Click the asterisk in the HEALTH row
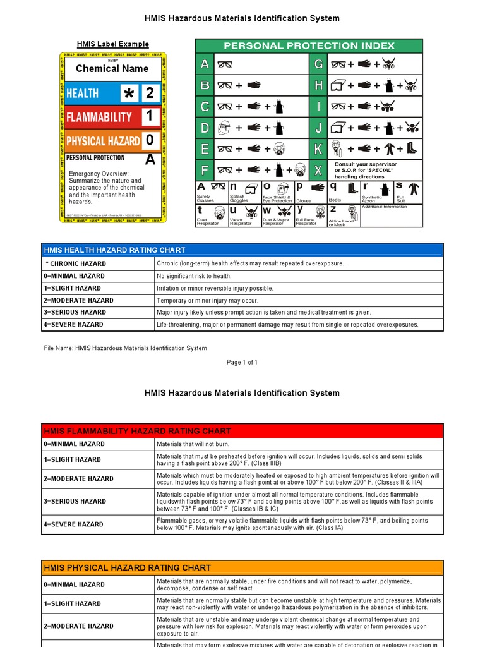[x=129, y=94]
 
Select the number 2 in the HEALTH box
[x=150, y=94]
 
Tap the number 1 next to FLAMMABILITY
[x=150, y=116]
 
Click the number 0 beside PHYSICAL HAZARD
[x=150, y=140]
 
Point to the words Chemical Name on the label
[x=112, y=69]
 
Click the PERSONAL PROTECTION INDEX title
[x=309, y=45]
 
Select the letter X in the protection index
[x=318, y=170]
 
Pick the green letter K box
[x=318, y=148]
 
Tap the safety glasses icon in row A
[x=224, y=64]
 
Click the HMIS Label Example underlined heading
[x=113, y=44]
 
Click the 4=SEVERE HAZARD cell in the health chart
[x=73, y=325]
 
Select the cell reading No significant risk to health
[x=194, y=276]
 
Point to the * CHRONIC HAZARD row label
[x=75, y=263]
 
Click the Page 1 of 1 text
[x=242, y=362]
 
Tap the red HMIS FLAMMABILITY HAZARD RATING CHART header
[x=137, y=431]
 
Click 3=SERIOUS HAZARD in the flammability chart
[x=75, y=501]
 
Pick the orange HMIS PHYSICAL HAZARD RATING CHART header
[x=127, y=568]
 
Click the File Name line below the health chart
[x=125, y=348]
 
